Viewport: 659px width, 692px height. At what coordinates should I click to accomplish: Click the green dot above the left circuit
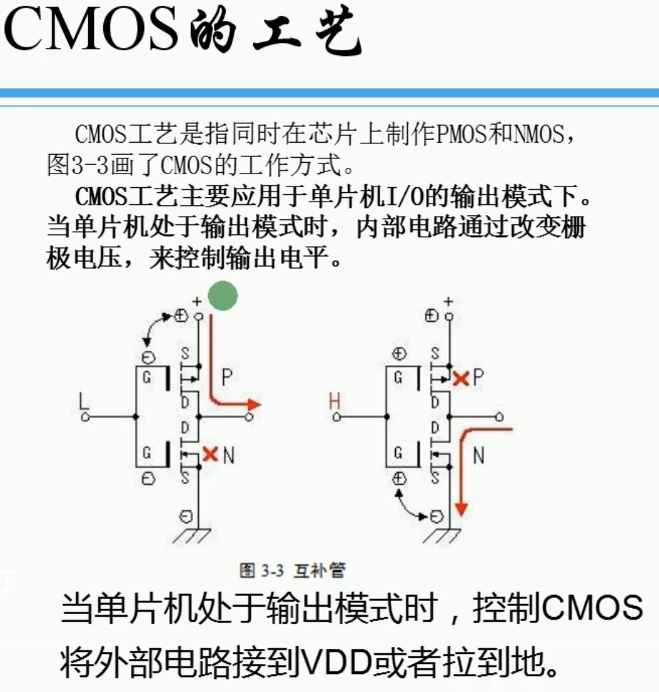[222, 296]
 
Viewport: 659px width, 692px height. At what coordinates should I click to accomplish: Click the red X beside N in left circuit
[209, 453]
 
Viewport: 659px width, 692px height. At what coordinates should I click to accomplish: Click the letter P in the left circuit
[227, 377]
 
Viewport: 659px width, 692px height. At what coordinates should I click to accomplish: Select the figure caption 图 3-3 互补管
[292, 570]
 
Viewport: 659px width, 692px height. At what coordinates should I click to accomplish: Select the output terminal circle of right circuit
[499, 417]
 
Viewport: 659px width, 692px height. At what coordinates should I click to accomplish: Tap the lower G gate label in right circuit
[399, 453]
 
